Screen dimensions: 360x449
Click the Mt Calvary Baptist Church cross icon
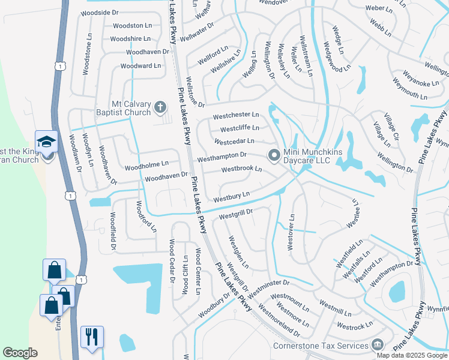click(x=160, y=107)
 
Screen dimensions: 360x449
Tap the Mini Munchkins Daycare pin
click(x=274, y=155)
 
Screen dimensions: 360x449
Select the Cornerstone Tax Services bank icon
click(x=377, y=345)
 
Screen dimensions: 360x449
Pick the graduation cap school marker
click(x=46, y=142)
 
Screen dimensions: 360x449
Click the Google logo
click(x=20, y=353)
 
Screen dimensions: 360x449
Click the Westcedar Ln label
click(x=234, y=142)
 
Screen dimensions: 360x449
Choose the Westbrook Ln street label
click(x=241, y=169)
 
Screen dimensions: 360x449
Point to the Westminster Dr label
click(x=268, y=287)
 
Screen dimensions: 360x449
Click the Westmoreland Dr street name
click(x=279, y=320)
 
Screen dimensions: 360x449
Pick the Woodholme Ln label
click(x=147, y=163)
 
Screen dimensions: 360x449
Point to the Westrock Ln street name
click(x=355, y=326)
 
